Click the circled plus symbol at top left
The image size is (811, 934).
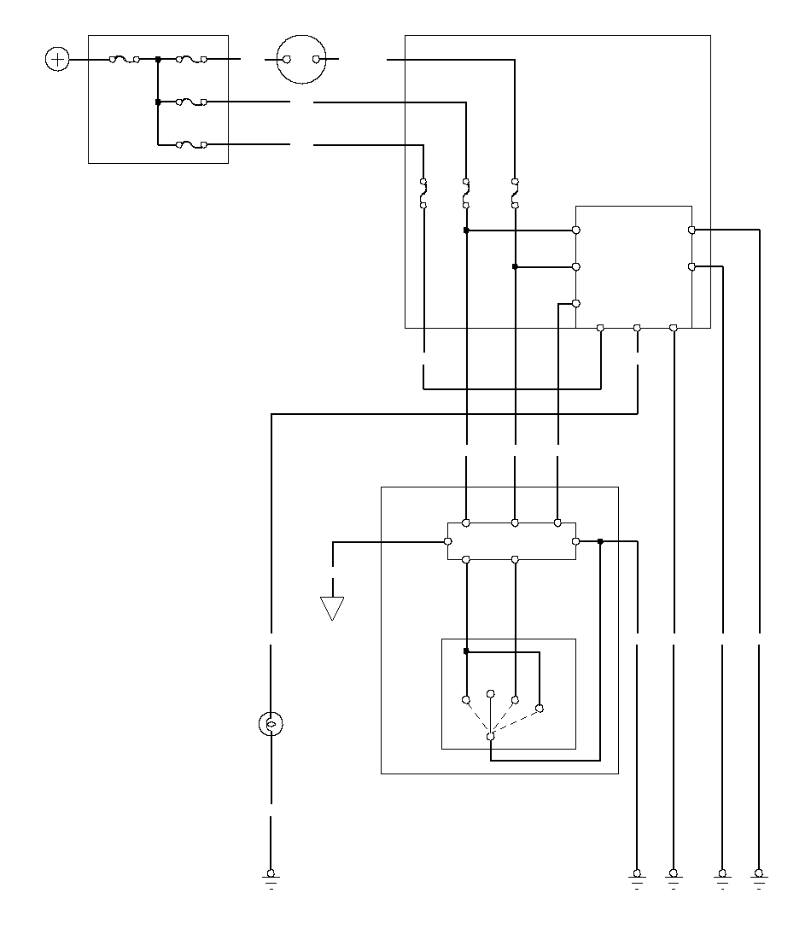click(x=56, y=60)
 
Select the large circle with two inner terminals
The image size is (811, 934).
click(x=302, y=60)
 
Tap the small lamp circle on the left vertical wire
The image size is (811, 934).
click(x=271, y=725)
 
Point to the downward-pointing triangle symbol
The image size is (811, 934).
click(x=332, y=608)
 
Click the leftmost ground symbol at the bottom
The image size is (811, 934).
click(x=271, y=876)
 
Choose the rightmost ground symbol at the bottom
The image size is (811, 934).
click(x=758, y=876)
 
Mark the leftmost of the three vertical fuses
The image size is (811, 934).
click(x=423, y=193)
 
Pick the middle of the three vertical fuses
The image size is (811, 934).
click(x=466, y=193)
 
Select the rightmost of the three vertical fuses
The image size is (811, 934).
click(x=515, y=193)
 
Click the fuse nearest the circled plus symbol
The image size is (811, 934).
click(x=125, y=60)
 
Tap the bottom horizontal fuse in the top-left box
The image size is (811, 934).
click(x=191, y=145)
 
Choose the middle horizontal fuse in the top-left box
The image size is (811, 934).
click(x=191, y=102)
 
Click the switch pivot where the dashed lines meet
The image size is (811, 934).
click(x=490, y=736)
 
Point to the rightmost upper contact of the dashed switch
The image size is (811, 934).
click(x=539, y=708)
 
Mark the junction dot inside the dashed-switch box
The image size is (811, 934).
click(x=466, y=651)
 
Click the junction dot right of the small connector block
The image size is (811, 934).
click(x=600, y=541)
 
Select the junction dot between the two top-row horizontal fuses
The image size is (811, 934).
click(x=158, y=60)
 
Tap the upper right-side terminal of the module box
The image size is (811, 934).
click(x=691, y=230)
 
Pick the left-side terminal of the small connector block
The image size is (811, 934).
click(x=447, y=541)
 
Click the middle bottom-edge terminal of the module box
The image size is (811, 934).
click(x=637, y=328)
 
